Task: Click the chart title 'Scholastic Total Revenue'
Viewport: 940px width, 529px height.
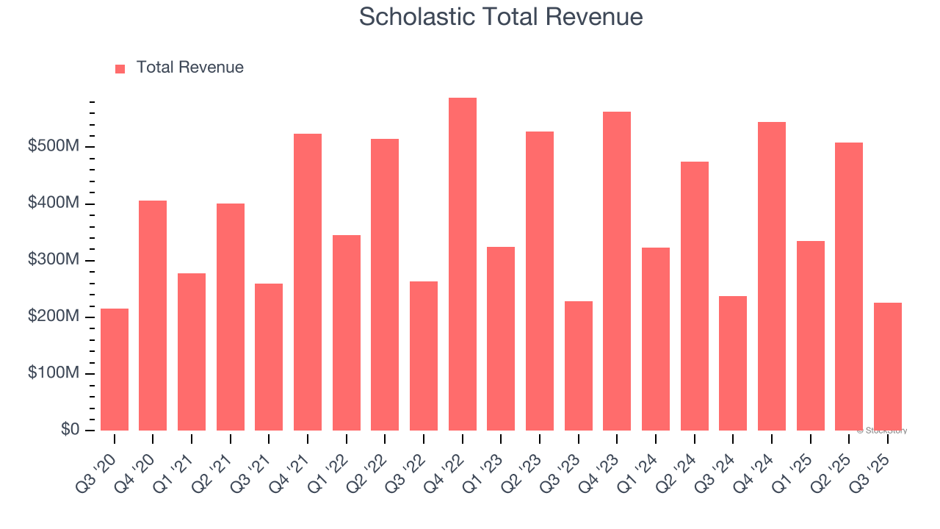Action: pyautogui.click(x=501, y=17)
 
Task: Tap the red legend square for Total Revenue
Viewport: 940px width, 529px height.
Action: pyautogui.click(x=120, y=68)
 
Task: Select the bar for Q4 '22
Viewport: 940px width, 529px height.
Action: pyautogui.click(x=463, y=264)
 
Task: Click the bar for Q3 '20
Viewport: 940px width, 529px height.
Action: pyautogui.click(x=115, y=370)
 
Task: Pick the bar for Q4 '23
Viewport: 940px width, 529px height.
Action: pyautogui.click(x=617, y=271)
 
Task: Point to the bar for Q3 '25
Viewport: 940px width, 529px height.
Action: pyautogui.click(x=888, y=367)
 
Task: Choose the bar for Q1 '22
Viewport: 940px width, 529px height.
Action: pyautogui.click(x=347, y=333)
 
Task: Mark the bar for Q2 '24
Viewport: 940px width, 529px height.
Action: pyautogui.click(x=695, y=296)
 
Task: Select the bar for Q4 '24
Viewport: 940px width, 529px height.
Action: pyautogui.click(x=772, y=276)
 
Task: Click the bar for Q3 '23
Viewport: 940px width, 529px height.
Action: pyautogui.click(x=579, y=366)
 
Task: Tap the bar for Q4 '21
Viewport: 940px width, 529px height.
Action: pyautogui.click(x=308, y=282)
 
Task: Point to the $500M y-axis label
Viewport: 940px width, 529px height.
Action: pyautogui.click(x=53, y=147)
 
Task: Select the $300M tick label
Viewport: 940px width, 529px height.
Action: pyautogui.click(x=53, y=260)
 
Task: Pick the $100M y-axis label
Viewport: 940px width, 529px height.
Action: pyautogui.click(x=53, y=373)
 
